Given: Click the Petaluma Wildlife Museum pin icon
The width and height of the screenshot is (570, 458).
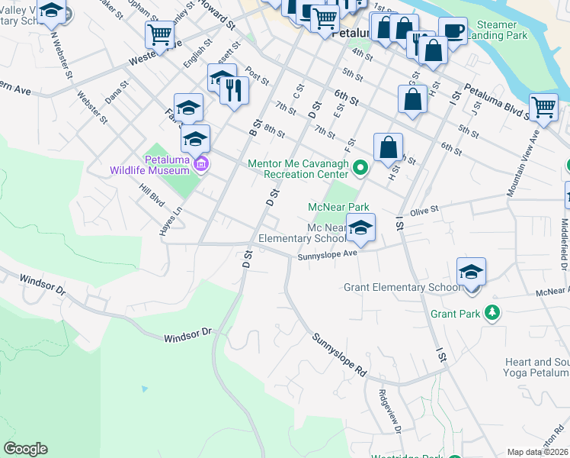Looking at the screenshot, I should (201, 163).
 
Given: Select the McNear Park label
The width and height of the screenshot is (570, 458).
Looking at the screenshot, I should (338, 207).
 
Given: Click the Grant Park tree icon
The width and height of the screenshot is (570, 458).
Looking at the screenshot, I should (493, 313).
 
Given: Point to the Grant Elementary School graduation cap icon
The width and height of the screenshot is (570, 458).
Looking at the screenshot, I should (472, 272).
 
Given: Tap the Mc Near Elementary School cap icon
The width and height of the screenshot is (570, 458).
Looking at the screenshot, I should (361, 227).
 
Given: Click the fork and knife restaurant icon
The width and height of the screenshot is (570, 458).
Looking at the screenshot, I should (234, 90).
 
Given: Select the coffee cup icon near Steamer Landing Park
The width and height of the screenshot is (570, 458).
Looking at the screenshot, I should (453, 31).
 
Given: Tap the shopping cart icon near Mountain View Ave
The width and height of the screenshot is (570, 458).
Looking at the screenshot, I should (543, 107).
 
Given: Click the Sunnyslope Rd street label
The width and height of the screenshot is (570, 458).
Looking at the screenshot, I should (338, 350).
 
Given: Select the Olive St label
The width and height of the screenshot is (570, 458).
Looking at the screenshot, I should (425, 210).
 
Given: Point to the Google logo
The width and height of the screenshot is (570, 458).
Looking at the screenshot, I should (25, 449).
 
